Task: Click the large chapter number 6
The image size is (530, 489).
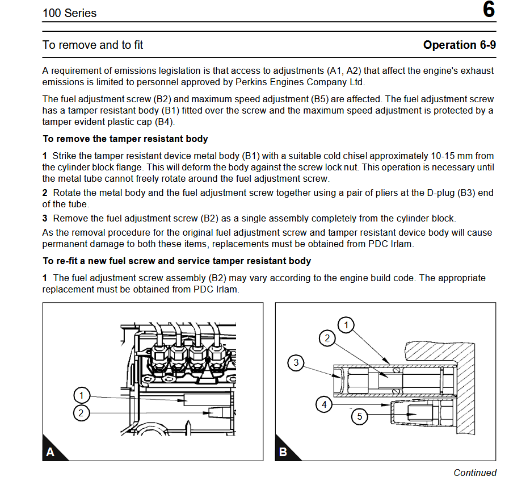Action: click(488, 11)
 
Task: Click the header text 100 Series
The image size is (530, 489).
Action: click(69, 12)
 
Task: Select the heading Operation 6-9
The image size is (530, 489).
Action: click(459, 45)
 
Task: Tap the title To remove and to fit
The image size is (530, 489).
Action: click(92, 45)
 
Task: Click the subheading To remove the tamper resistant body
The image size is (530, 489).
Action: click(125, 139)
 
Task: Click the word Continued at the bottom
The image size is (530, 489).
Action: click(474, 473)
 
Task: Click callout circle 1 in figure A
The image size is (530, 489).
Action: click(82, 396)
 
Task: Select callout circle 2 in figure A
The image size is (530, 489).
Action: click(82, 413)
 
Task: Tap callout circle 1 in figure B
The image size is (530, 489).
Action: click(346, 325)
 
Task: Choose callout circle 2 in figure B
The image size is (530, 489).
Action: click(327, 338)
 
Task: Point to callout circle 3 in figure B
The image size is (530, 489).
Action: click(296, 362)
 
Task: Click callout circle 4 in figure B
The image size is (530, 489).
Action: click(324, 404)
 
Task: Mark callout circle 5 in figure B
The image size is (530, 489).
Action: click(359, 417)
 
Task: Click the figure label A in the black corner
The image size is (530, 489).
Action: click(51, 452)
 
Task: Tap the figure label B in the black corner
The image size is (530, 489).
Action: click(283, 452)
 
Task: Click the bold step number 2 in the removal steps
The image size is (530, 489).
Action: click(45, 193)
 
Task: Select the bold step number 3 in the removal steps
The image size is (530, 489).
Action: click(45, 218)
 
